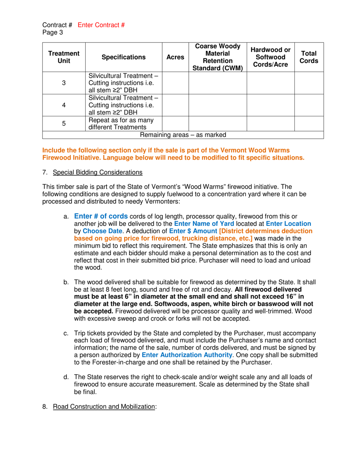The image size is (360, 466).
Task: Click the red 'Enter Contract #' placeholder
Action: tap(101, 25)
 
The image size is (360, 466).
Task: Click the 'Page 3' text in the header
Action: tap(53, 33)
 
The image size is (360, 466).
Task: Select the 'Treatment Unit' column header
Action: tap(64, 57)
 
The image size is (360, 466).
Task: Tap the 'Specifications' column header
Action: tap(124, 57)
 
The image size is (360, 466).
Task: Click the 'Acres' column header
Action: tap(175, 57)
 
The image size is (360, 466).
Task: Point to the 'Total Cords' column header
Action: tap(309, 57)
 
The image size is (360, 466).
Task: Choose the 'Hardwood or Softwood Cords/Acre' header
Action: tap(271, 57)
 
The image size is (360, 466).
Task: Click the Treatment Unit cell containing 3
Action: tap(64, 83)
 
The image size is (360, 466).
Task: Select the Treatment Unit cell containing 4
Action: tap(64, 105)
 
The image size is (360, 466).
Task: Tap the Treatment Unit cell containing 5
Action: tap(64, 124)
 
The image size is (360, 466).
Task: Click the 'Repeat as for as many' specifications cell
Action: tap(124, 124)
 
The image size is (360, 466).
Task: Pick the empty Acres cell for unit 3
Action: tap(175, 83)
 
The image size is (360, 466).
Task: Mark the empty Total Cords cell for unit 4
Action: tap(309, 105)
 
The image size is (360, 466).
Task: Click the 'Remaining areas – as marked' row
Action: tap(183, 135)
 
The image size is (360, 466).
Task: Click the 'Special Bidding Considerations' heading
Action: tap(97, 173)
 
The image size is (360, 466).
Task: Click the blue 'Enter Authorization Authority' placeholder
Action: tap(187, 355)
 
